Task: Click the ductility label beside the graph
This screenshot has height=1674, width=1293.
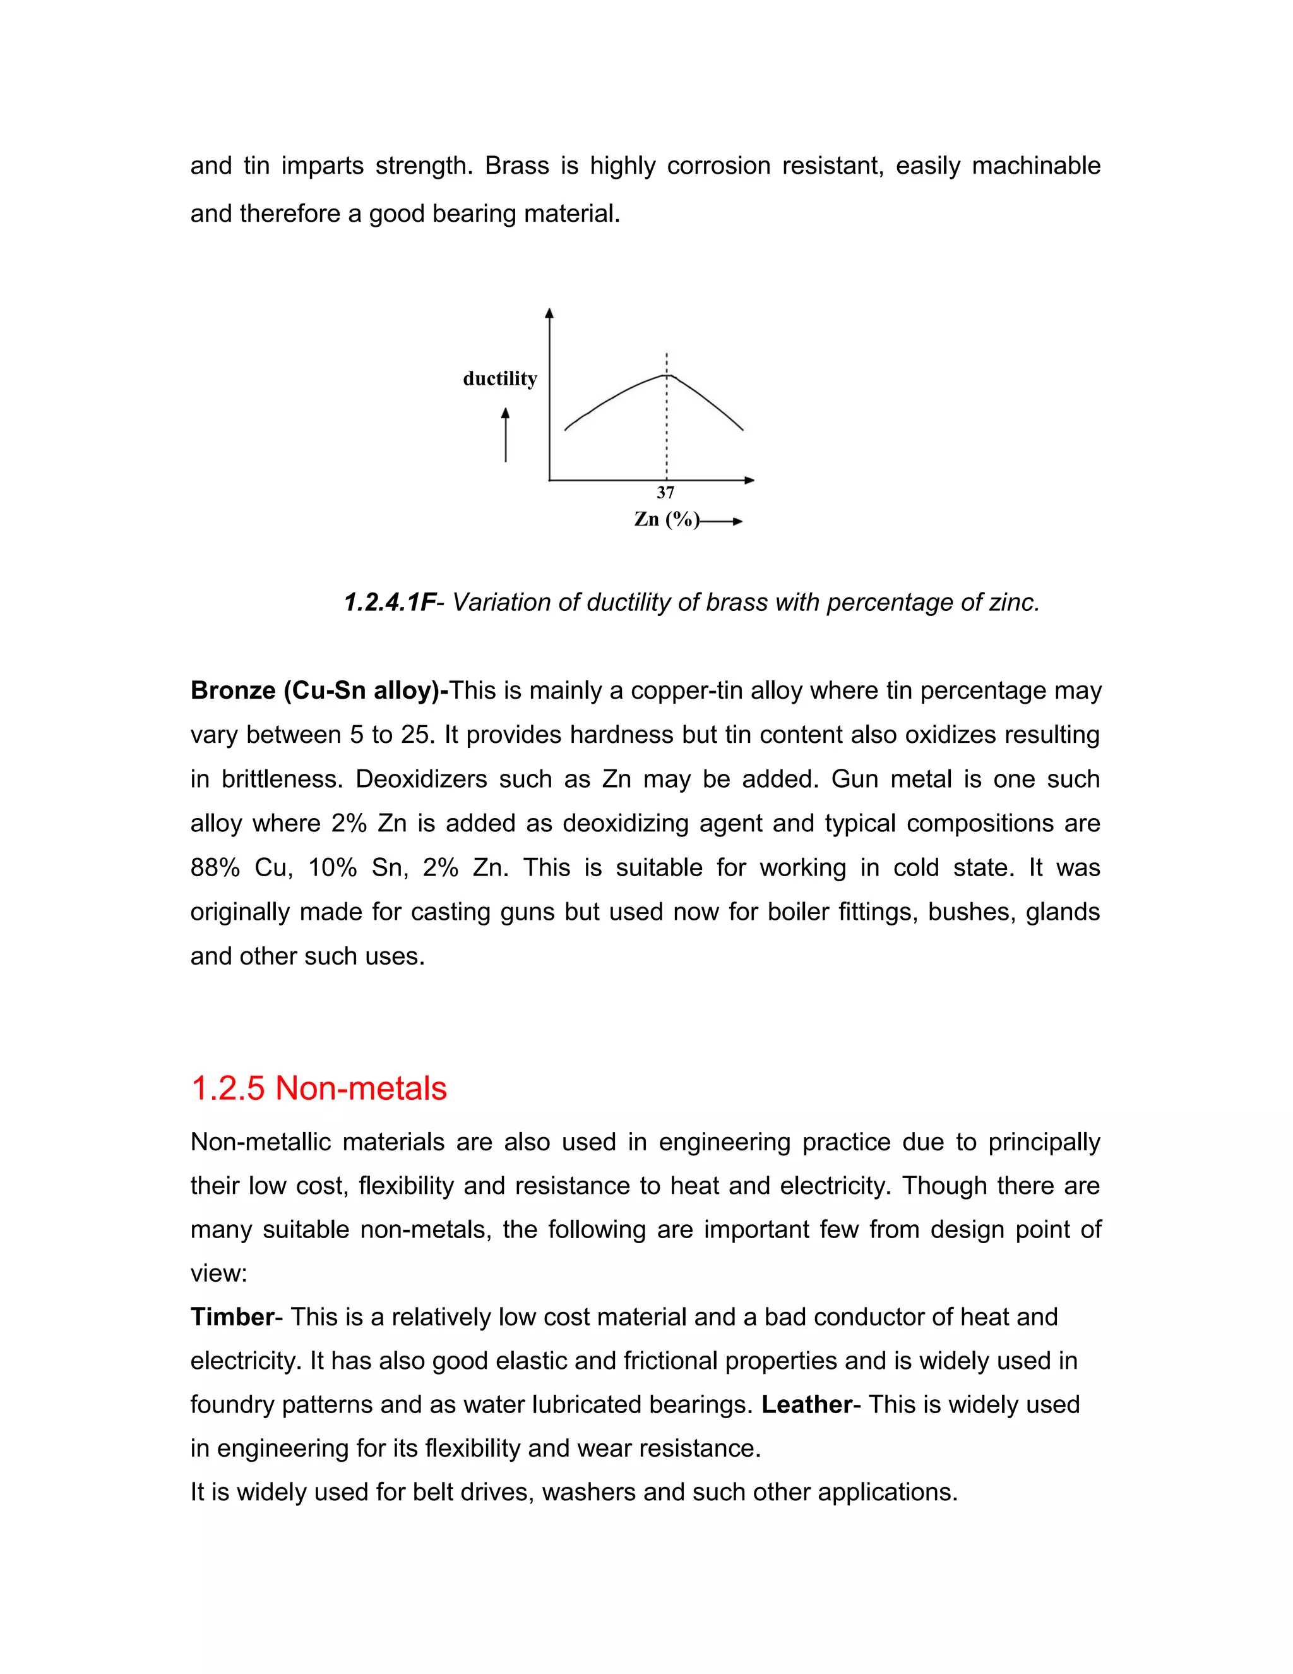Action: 500,378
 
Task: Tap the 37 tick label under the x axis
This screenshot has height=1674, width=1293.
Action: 665,493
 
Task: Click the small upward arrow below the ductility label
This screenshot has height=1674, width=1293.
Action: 506,435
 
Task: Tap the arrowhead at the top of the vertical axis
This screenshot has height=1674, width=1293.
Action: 549,313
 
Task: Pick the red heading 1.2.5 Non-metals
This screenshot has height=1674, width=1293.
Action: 319,1088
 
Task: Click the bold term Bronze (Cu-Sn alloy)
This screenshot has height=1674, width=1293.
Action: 319,690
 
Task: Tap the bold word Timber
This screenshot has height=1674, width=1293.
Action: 232,1317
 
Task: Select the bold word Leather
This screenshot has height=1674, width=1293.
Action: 807,1404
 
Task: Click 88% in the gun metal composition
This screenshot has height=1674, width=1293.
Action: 215,868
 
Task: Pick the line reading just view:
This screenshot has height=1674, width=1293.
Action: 219,1273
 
